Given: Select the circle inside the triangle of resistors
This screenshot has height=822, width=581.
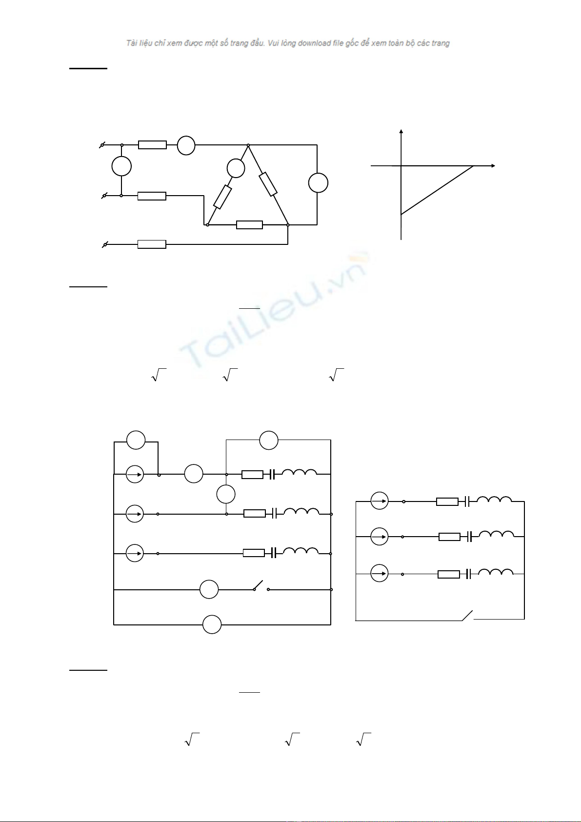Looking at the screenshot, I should tap(236, 168).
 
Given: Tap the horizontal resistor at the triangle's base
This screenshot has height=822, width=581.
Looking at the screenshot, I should tap(249, 225).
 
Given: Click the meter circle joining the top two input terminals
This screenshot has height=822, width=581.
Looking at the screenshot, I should tap(121, 166).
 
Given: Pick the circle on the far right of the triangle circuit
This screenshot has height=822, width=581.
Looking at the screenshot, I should tap(318, 183).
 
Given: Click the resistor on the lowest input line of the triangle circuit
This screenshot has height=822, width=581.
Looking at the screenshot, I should tap(152, 244).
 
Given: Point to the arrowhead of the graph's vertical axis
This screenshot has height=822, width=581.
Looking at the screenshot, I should tap(401, 131).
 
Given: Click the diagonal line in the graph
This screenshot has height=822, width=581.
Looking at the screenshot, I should tap(437, 190).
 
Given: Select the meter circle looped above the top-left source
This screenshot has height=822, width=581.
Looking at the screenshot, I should tap(136, 440).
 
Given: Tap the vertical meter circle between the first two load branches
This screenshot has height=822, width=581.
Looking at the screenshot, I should tap(226, 494).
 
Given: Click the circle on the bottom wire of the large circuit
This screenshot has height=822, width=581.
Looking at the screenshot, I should tap(212, 625).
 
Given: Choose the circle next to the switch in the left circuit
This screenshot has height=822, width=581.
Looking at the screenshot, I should tap(209, 590).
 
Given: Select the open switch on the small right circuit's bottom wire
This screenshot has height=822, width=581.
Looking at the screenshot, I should tap(467, 615).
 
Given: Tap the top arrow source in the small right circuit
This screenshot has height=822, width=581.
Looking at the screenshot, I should tap(380, 501).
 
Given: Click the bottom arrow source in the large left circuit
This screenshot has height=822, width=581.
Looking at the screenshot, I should tap(135, 554).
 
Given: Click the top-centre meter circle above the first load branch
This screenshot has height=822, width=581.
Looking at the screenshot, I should tap(268, 440).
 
